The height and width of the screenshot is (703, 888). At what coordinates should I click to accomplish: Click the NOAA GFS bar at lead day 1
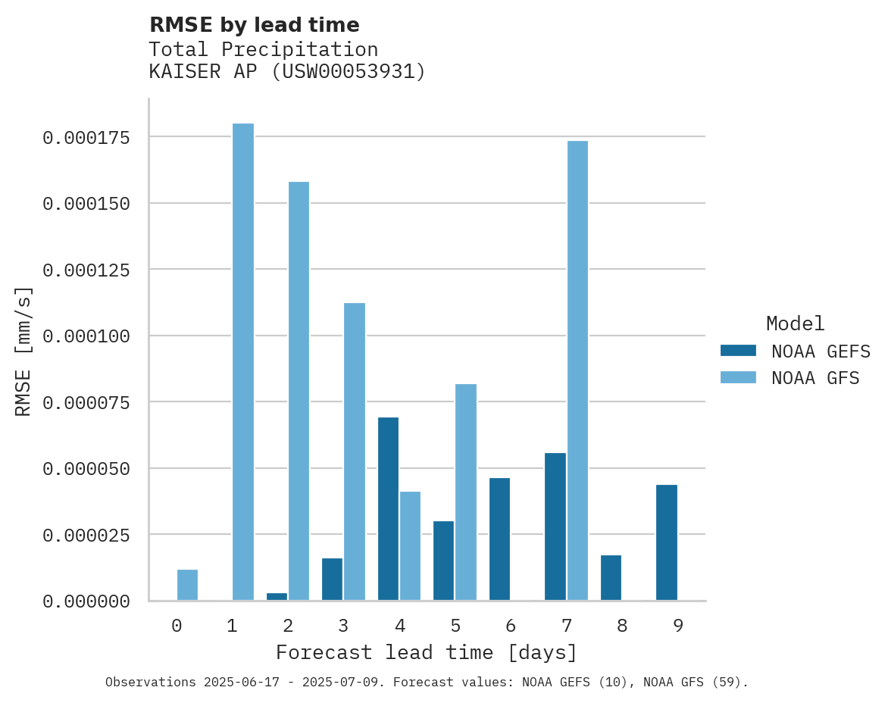click(243, 361)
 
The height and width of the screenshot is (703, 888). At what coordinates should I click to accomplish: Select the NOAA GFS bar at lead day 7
click(577, 370)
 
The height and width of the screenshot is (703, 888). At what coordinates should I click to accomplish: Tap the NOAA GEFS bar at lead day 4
click(389, 508)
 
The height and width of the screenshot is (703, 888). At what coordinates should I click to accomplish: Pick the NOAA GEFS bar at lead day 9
click(667, 542)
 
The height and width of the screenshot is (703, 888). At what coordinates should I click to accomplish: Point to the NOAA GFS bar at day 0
click(187, 585)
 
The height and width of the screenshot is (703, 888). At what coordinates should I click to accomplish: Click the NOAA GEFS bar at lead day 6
click(499, 539)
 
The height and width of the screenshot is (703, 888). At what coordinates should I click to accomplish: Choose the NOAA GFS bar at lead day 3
click(355, 451)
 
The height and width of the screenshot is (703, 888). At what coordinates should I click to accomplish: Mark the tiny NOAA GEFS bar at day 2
click(277, 597)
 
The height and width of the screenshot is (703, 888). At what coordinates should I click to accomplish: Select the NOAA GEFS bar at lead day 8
click(611, 577)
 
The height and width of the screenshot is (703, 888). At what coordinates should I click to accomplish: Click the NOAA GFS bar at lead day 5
click(466, 492)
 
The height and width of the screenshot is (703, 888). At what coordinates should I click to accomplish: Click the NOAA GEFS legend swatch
click(738, 350)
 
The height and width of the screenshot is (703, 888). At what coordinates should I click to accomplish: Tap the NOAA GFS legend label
click(815, 377)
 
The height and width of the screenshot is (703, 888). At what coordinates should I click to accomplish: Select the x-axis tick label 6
click(511, 626)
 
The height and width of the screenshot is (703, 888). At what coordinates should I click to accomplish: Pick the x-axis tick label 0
click(177, 626)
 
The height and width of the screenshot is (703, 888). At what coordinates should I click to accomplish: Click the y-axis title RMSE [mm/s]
click(23, 351)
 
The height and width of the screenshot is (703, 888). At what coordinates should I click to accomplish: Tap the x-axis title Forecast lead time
click(427, 652)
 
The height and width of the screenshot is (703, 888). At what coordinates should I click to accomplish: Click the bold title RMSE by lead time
click(254, 25)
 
